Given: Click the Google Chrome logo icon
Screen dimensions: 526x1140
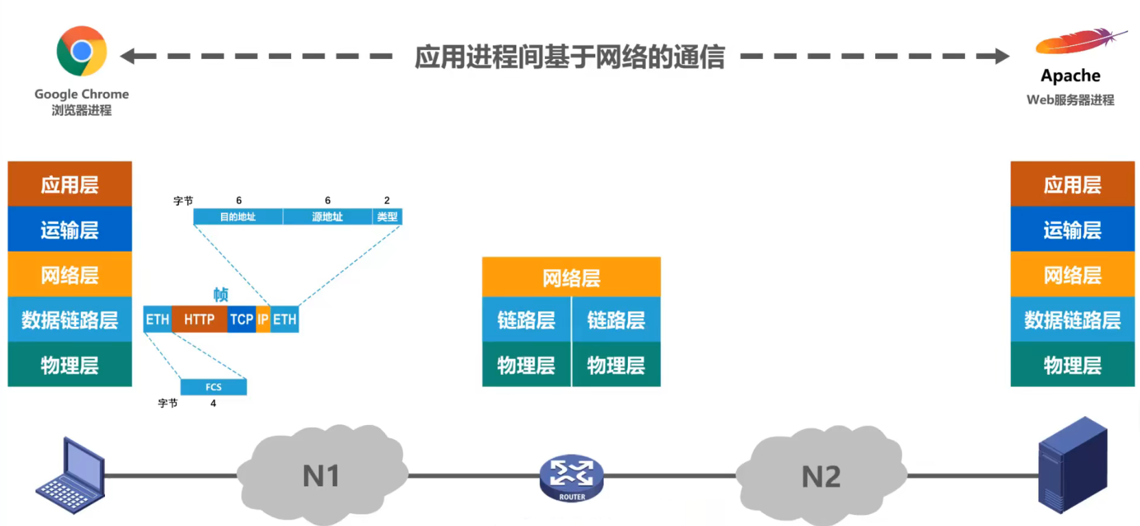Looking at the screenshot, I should (82, 51).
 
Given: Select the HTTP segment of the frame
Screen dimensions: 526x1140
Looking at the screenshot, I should (199, 319).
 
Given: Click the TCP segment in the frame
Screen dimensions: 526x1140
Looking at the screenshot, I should (241, 319).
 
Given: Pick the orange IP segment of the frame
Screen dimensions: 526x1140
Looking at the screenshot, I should (263, 319).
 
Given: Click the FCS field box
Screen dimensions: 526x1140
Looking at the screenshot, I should (213, 387).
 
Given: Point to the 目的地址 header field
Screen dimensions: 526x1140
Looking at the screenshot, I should (237, 217).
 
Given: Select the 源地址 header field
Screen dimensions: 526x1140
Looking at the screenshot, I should (327, 217).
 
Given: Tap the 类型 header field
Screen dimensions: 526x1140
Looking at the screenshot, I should (387, 217).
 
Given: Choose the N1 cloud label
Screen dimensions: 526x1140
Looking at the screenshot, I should (321, 476).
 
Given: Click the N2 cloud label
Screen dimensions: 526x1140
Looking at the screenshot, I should (821, 476).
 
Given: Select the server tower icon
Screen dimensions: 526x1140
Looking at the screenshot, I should (1072, 466).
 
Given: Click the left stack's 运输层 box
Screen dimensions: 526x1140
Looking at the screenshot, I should (69, 229).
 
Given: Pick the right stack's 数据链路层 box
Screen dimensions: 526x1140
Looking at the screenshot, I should (1072, 320).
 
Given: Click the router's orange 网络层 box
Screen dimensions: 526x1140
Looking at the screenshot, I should (571, 277).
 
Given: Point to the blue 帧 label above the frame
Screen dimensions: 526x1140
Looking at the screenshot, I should (220, 295).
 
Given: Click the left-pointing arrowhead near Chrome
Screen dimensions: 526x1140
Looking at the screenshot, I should (128, 56).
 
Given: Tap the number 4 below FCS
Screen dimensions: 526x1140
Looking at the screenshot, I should (213, 403).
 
